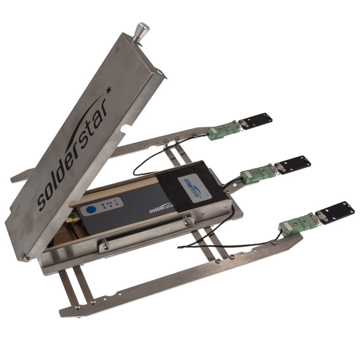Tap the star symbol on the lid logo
[109, 88]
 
